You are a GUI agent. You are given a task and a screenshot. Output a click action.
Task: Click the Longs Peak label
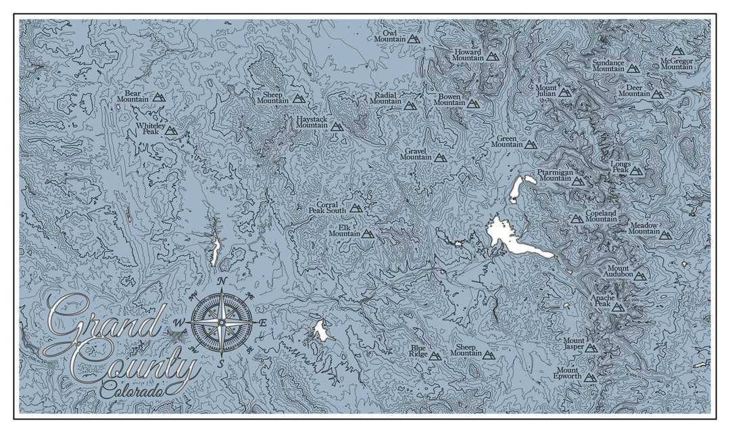tap(620, 167)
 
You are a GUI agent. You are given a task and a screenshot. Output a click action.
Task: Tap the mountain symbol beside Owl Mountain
tap(414, 39)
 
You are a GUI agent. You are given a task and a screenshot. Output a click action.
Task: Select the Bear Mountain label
tap(132, 96)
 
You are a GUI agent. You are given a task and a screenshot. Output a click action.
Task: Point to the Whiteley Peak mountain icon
tap(171, 131)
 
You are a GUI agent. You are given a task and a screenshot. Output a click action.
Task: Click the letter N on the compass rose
tap(222, 282)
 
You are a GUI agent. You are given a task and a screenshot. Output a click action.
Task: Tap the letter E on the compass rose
tap(262, 323)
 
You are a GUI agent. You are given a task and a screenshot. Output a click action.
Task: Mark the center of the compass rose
tap(222, 323)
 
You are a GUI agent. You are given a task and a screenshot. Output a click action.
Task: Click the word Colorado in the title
tap(133, 390)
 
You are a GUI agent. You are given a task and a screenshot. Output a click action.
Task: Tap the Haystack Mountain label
tap(312, 122)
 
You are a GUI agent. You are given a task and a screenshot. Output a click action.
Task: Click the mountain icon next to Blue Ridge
tap(435, 356)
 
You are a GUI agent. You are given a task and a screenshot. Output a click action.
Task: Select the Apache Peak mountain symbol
tap(618, 307)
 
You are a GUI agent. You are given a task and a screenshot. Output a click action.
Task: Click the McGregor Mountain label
tap(677, 64)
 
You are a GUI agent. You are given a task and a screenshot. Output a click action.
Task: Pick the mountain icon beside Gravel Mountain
tap(439, 158)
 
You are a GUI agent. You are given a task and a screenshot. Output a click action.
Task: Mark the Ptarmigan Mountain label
tap(554, 175)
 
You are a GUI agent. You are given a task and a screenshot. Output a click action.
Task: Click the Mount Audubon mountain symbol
tap(640, 275)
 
